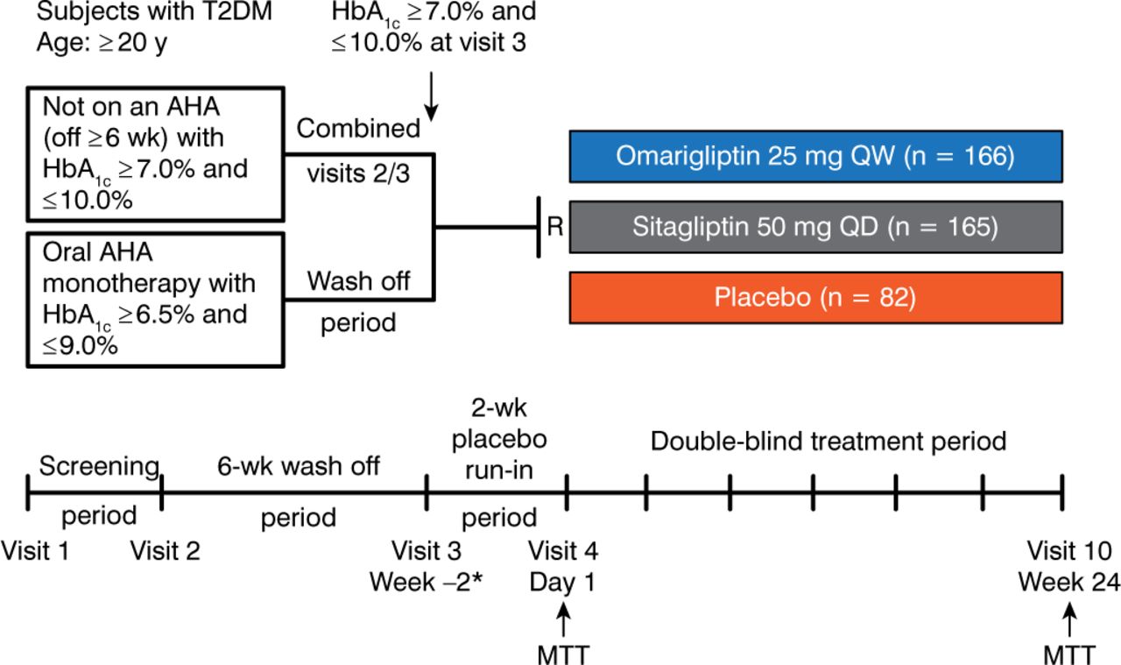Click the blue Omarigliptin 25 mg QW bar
coord(815,156)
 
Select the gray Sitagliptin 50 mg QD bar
coord(815,227)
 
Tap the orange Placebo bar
coord(815,297)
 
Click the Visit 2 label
coord(165,551)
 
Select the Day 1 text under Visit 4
coord(563,582)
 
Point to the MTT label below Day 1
coord(564,653)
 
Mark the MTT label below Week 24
coord(1068,653)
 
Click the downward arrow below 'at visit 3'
coord(431,102)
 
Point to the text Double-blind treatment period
coord(828,441)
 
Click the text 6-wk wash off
coord(298,466)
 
